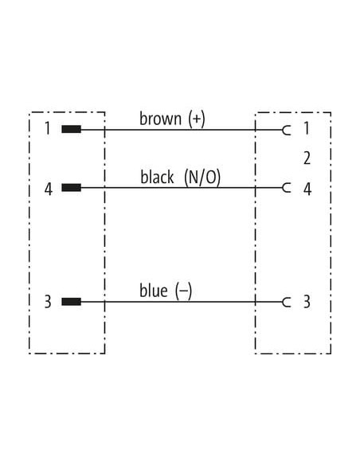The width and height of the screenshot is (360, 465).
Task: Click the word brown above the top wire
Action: point(160,119)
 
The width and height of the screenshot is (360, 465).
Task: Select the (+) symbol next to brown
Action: point(197,119)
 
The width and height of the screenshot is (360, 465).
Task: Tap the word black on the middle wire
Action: point(157,177)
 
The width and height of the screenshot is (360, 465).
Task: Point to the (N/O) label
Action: point(202,178)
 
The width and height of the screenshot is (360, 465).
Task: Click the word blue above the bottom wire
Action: point(154,291)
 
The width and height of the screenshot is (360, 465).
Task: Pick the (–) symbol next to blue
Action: point(183,291)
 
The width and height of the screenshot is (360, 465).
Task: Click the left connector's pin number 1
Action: point(48,128)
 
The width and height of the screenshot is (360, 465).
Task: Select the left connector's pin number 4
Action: point(49,189)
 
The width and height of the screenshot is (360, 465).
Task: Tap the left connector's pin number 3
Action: point(48,302)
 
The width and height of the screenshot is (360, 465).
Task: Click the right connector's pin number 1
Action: point(307,128)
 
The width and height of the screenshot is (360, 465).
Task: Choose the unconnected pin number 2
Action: point(307,158)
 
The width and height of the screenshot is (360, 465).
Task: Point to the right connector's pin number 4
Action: point(307,189)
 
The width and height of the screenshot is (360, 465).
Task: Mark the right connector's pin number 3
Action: point(307,302)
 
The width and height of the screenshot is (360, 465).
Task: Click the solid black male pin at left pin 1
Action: point(71,129)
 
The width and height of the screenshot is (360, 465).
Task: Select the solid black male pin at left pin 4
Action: point(71,188)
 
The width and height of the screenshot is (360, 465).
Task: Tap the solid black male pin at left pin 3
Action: point(71,302)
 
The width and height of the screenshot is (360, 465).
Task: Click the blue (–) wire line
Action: point(182,303)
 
